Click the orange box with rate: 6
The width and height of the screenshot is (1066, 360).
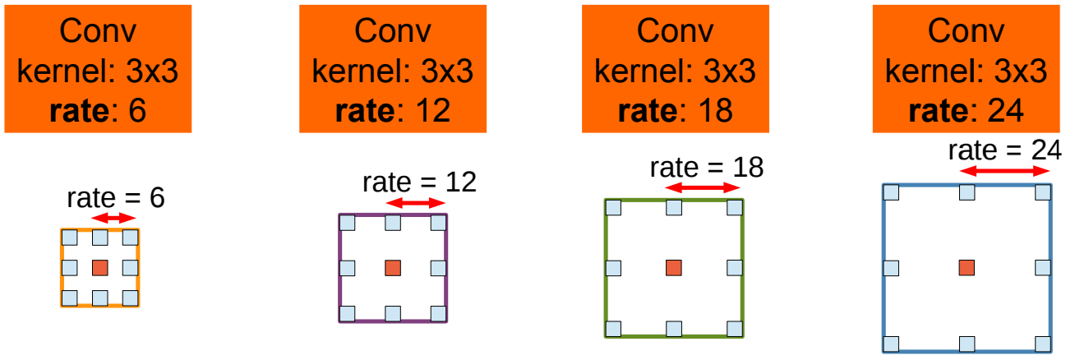pyautogui.click(x=98, y=68)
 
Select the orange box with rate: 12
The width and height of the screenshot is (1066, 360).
pyautogui.click(x=392, y=68)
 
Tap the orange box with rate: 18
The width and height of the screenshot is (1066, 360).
pyautogui.click(x=675, y=68)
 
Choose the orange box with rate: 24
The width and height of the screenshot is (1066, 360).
pyautogui.click(x=967, y=68)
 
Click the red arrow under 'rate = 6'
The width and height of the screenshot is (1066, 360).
pyautogui.click(x=113, y=218)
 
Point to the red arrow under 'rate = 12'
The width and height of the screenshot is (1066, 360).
pyautogui.click(x=415, y=203)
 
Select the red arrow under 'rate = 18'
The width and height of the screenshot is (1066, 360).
pyautogui.click(x=703, y=188)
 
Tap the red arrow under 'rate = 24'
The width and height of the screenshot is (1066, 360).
pyautogui.click(x=1005, y=172)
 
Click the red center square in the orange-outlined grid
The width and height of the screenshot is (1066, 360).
pyautogui.click(x=99, y=267)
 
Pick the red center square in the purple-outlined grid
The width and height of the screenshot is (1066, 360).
pyautogui.click(x=392, y=267)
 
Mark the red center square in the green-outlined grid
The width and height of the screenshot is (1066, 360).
pyautogui.click(x=674, y=267)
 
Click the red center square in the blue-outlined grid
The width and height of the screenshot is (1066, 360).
pyautogui.click(x=967, y=267)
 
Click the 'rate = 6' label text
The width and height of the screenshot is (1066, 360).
pyautogui.click(x=115, y=198)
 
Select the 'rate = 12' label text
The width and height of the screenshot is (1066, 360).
pyautogui.click(x=419, y=182)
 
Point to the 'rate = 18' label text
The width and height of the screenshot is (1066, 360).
pyautogui.click(x=706, y=167)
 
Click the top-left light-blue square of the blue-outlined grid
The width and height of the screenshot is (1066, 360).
pyautogui.click(x=891, y=193)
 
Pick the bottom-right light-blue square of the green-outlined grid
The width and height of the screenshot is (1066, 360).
pyautogui.click(x=734, y=328)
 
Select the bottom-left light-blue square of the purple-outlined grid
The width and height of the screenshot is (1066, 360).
pyautogui.click(x=347, y=312)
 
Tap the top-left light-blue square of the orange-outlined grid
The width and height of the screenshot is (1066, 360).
pyautogui.click(x=70, y=238)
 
